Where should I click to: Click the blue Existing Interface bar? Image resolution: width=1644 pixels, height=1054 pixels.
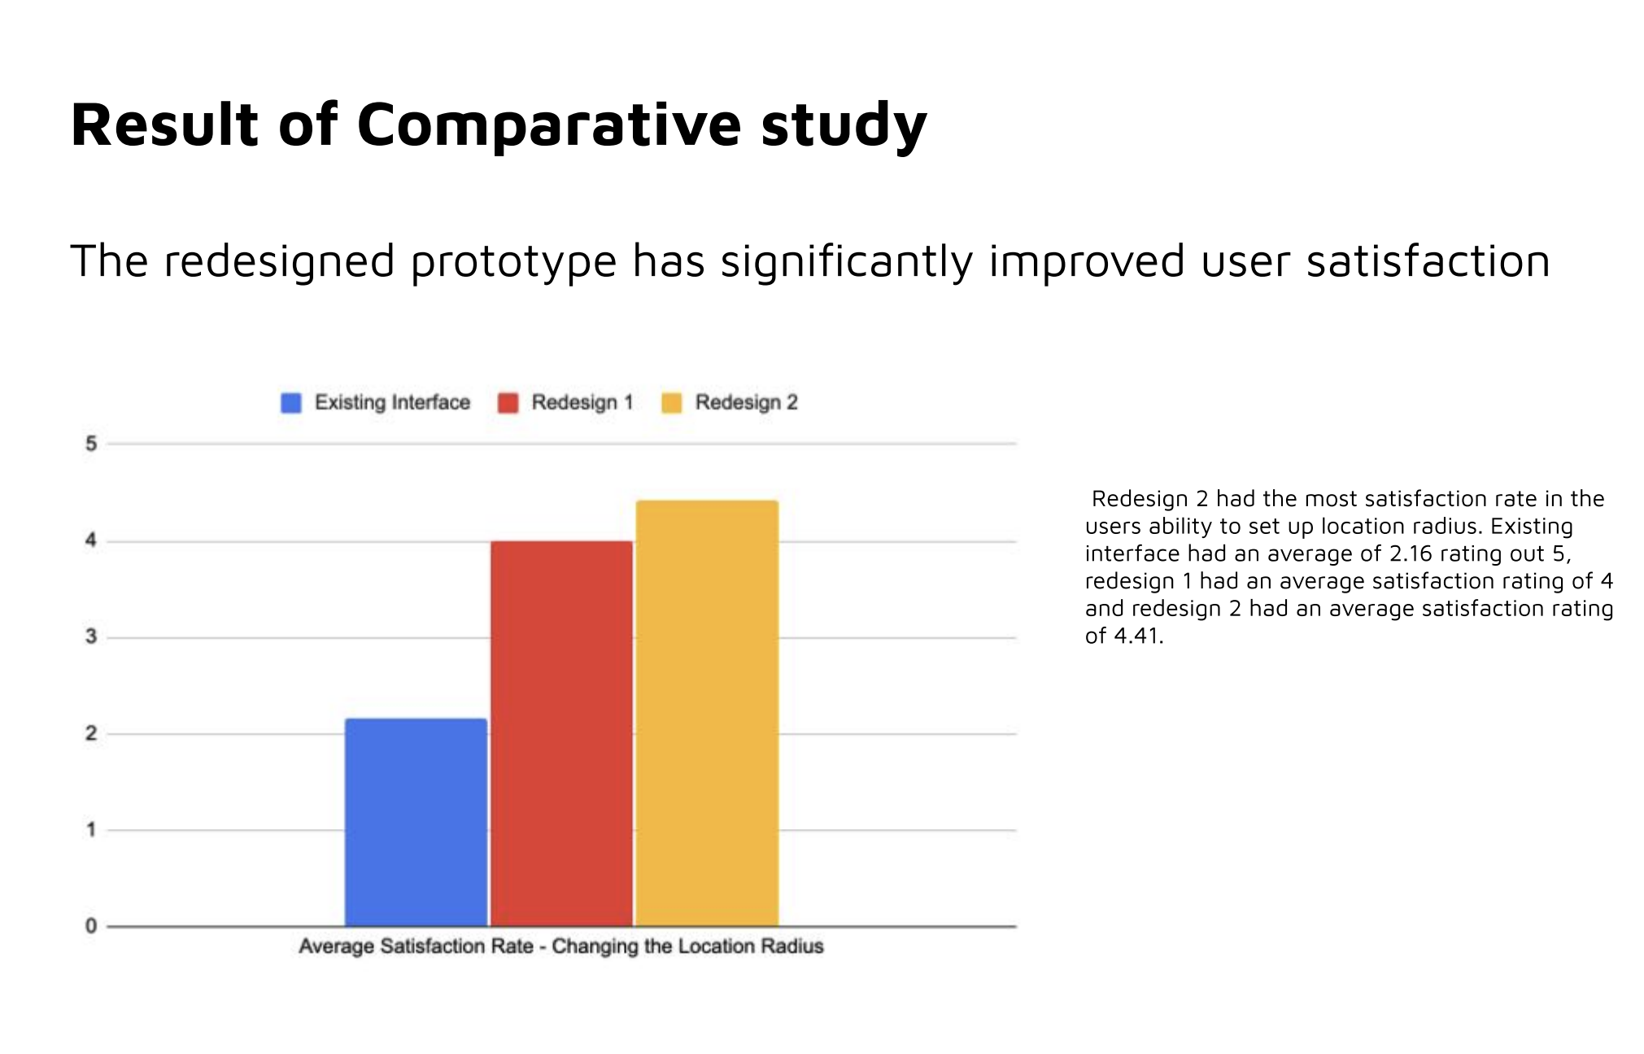pyautogui.click(x=416, y=822)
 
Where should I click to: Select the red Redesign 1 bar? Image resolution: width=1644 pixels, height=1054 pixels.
pyautogui.click(x=561, y=733)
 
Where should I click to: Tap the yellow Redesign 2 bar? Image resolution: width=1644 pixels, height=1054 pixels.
pyautogui.click(x=707, y=713)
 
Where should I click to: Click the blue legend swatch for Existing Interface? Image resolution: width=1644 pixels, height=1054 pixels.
pyautogui.click(x=290, y=403)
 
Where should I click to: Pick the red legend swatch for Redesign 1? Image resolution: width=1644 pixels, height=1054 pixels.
pyautogui.click(x=508, y=403)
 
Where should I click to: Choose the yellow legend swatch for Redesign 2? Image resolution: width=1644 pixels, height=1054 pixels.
pyautogui.click(x=671, y=403)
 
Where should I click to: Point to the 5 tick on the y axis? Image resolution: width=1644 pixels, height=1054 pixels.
pyautogui.click(x=91, y=444)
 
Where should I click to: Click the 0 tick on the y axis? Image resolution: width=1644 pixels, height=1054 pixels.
pyautogui.click(x=91, y=926)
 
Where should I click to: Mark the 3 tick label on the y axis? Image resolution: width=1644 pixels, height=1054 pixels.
pyautogui.click(x=91, y=637)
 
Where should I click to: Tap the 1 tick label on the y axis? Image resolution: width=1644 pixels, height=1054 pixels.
pyautogui.click(x=91, y=830)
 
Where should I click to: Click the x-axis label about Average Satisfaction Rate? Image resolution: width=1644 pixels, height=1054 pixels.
pyautogui.click(x=561, y=947)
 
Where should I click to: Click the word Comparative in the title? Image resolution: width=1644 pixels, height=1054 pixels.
pyautogui.click(x=548, y=125)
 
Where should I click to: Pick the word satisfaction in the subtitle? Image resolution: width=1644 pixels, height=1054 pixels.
pyautogui.click(x=1428, y=262)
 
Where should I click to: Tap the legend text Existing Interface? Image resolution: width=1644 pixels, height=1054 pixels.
pyautogui.click(x=392, y=403)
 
